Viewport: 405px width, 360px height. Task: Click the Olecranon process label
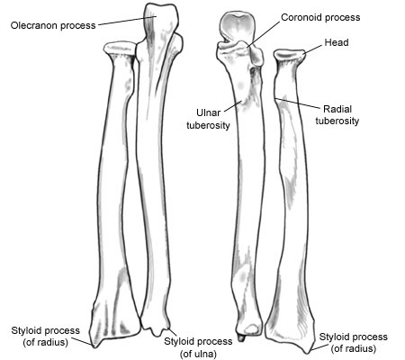click(53, 25)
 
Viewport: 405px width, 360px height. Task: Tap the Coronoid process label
click(320, 17)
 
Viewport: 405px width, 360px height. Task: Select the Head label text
click(337, 42)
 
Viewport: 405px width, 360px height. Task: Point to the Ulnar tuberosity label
click(208, 119)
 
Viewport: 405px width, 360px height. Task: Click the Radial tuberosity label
click(337, 115)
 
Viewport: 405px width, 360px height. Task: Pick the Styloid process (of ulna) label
click(198, 347)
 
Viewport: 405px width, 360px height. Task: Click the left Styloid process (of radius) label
click(46, 337)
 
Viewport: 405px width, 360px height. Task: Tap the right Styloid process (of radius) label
click(354, 343)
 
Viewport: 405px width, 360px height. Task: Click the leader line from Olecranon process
click(127, 21)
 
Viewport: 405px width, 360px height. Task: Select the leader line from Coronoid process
click(264, 34)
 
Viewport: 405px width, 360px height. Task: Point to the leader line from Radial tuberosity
click(298, 103)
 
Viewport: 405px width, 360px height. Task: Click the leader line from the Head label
click(313, 50)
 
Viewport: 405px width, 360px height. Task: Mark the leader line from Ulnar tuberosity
click(233, 106)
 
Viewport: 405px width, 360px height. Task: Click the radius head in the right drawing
click(290, 56)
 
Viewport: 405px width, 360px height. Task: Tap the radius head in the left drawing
click(120, 49)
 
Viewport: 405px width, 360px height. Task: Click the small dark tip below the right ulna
click(241, 337)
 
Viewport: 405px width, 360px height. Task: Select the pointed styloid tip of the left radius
click(95, 346)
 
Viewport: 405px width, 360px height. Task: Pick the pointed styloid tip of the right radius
click(308, 352)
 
